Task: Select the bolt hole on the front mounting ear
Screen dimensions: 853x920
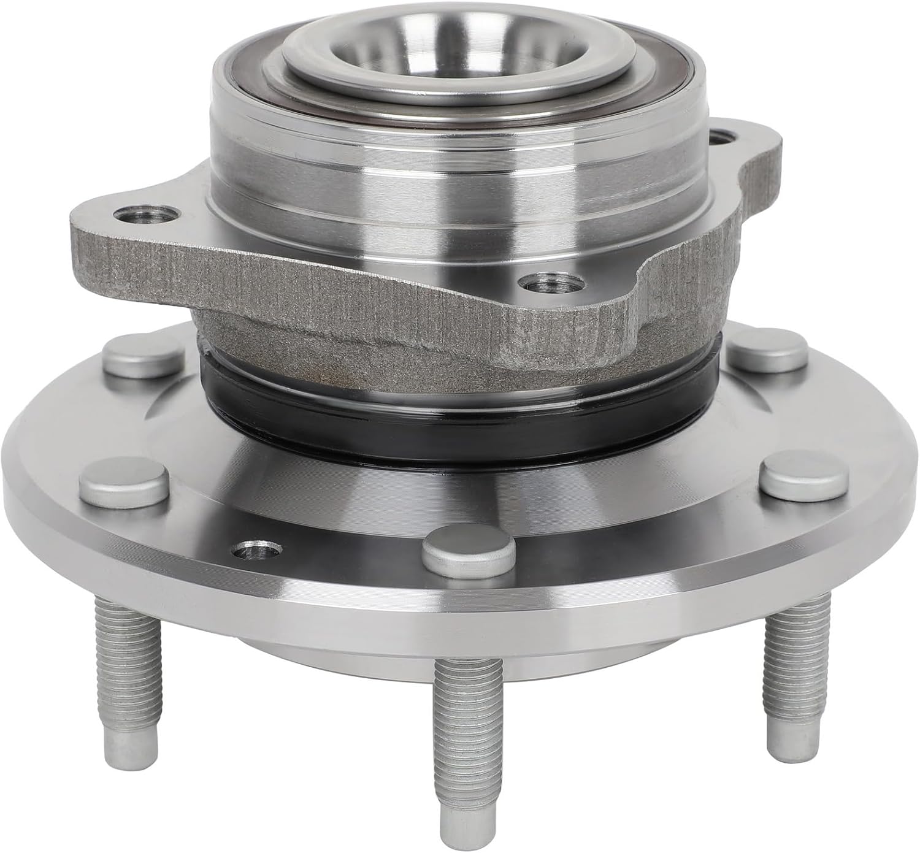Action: (550, 285)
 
